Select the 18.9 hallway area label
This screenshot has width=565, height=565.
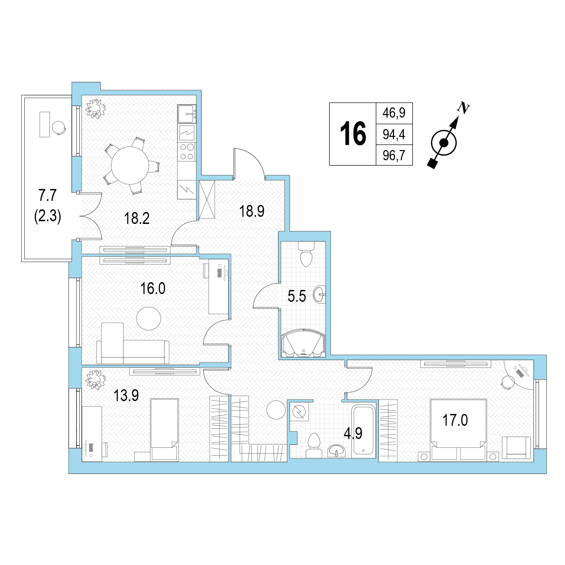[252, 211]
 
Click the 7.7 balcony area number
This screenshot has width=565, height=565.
[47, 196]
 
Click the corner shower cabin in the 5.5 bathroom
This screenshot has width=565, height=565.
[303, 343]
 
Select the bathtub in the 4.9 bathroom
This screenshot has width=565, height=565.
[363, 431]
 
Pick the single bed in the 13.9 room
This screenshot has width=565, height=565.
[164, 430]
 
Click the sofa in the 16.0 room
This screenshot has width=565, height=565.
[133, 347]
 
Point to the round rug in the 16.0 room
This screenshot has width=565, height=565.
[148, 318]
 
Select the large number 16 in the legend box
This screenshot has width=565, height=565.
[353, 134]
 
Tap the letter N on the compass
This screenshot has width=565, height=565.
[463, 108]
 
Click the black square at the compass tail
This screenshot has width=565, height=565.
[432, 163]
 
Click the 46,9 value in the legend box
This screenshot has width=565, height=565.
[394, 112]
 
